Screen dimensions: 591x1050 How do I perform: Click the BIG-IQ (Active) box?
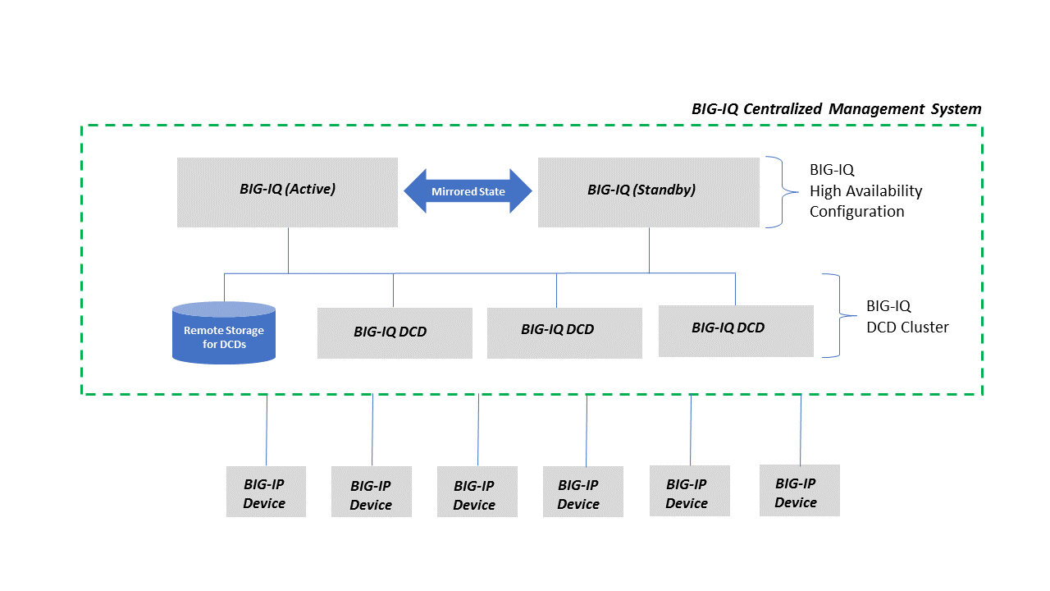click(287, 192)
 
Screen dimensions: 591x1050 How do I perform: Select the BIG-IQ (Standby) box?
click(648, 192)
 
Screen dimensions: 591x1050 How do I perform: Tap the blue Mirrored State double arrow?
click(468, 191)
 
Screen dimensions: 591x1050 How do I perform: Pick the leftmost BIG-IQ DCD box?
click(395, 332)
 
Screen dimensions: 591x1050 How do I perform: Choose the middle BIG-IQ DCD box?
click(564, 332)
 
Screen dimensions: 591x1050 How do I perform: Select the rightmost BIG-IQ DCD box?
click(736, 331)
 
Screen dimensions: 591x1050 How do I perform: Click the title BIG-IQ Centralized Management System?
click(836, 109)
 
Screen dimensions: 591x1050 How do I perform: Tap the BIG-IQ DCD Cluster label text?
click(907, 317)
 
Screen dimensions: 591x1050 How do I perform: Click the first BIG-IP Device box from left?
click(266, 492)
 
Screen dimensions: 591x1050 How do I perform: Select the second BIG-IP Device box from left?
click(371, 492)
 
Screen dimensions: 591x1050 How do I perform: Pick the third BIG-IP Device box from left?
click(477, 492)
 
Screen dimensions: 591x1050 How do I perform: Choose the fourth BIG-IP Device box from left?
click(582, 492)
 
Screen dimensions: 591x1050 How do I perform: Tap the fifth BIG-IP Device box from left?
click(689, 491)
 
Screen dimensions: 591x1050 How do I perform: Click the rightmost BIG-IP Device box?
click(799, 490)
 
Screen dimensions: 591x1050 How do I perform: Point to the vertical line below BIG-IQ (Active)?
click(288, 250)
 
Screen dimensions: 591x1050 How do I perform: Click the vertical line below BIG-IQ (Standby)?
click(649, 250)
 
